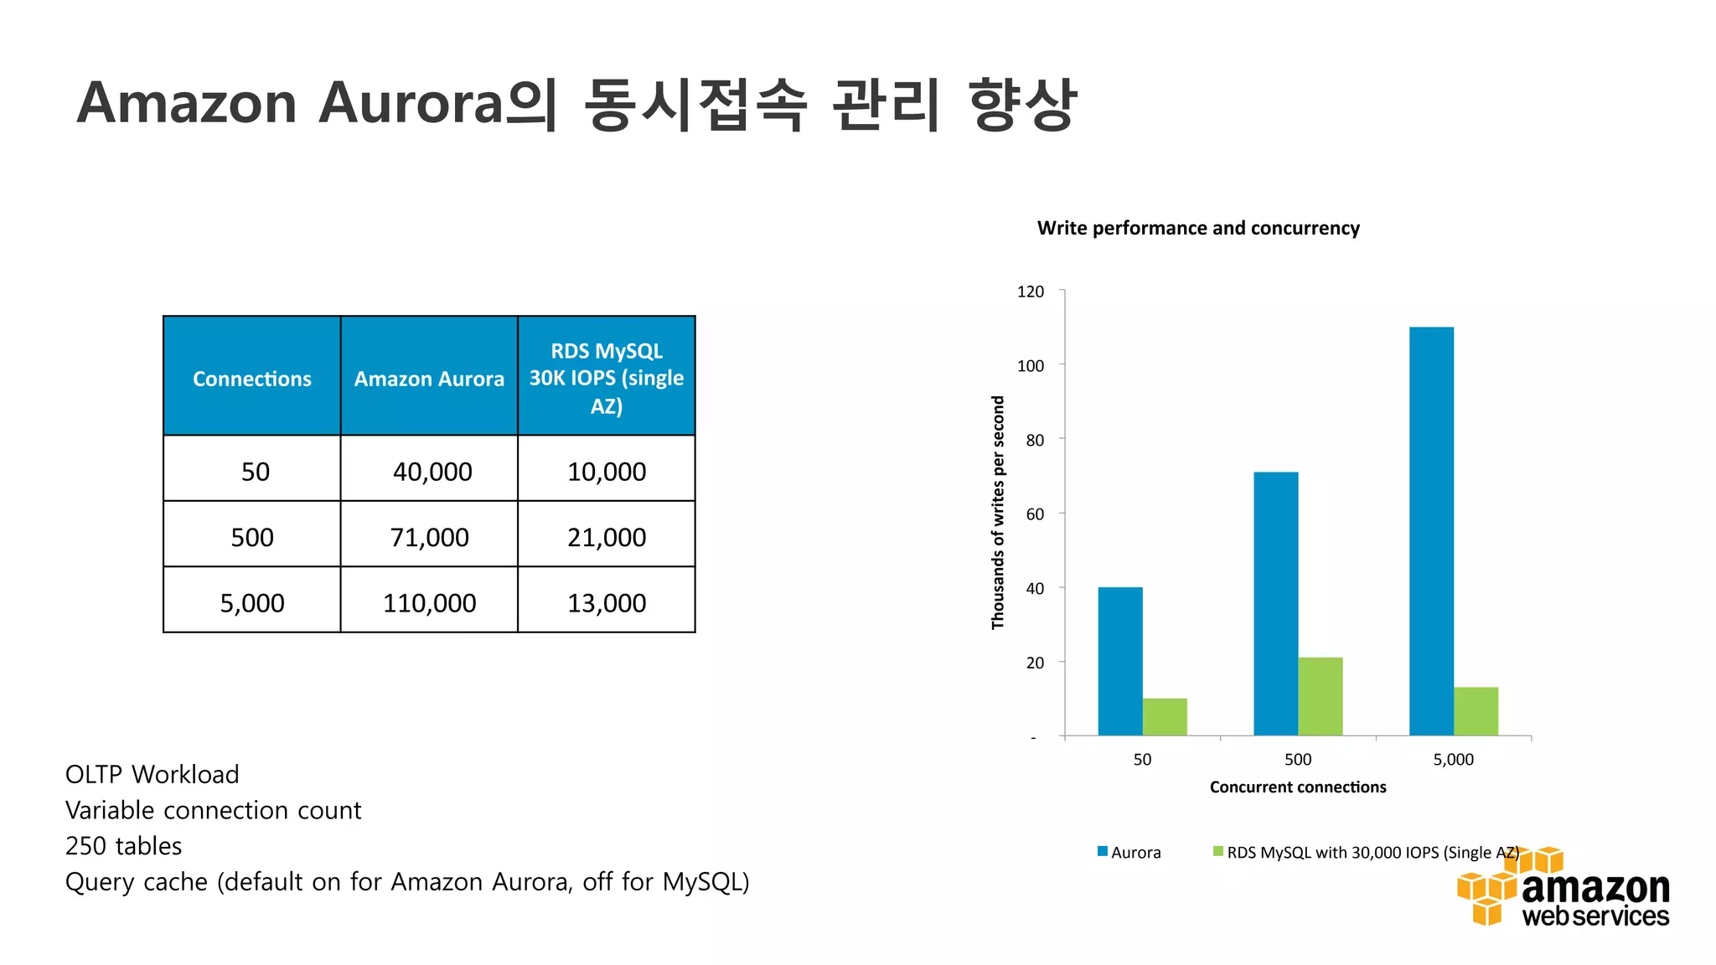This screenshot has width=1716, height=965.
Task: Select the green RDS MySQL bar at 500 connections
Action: (x=1320, y=696)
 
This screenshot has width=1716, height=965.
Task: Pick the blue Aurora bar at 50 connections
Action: (x=1120, y=661)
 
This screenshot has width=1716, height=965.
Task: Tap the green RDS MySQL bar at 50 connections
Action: (x=1165, y=716)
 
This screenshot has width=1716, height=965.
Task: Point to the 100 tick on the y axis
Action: (x=1030, y=365)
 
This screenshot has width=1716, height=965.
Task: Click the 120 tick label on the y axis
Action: (x=1030, y=292)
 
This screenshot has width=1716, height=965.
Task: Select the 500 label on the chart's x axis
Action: (x=1298, y=760)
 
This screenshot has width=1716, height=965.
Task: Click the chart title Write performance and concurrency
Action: (x=1198, y=228)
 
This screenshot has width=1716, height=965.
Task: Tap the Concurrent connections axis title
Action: (x=1298, y=787)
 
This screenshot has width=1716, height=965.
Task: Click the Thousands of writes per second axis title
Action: (x=998, y=513)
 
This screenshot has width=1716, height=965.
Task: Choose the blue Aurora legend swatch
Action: (x=1103, y=852)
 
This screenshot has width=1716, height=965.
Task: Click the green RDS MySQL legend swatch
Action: (x=1218, y=852)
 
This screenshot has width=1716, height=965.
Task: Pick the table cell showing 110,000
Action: (x=429, y=603)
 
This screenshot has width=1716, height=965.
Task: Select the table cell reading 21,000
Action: (x=607, y=537)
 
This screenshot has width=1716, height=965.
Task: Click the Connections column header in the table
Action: (x=251, y=379)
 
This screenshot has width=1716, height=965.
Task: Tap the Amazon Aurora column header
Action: (x=429, y=379)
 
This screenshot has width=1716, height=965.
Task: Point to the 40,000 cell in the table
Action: (x=432, y=472)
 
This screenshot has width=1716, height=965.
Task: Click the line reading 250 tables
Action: (x=124, y=846)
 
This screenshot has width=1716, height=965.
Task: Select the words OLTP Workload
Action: (x=152, y=774)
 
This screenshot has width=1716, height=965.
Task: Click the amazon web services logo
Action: (x=1564, y=890)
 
